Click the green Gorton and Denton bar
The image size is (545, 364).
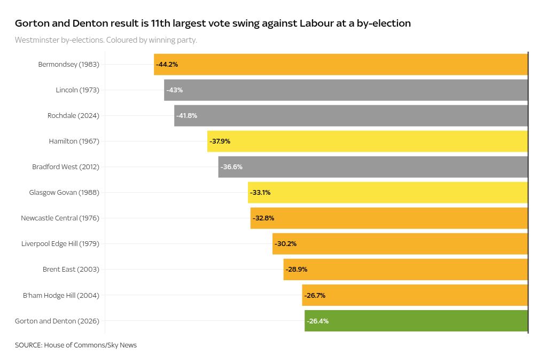[x=416, y=321]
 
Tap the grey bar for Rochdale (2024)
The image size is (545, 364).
[x=351, y=116]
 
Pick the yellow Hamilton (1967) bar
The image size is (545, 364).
[x=368, y=141]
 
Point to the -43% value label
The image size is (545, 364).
[x=174, y=90]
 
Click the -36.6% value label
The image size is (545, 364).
[x=231, y=167]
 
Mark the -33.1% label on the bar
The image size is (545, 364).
[x=260, y=193]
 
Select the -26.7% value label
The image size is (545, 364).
[x=315, y=295]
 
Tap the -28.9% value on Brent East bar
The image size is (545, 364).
[x=297, y=270]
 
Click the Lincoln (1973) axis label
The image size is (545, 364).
[x=77, y=90]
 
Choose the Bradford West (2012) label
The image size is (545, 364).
[x=66, y=167]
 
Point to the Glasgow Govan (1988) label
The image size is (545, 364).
[x=64, y=193]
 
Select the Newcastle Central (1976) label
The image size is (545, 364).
[x=60, y=218]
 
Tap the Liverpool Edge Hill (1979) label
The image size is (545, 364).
[x=60, y=244]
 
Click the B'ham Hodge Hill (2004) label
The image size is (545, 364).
[x=61, y=295]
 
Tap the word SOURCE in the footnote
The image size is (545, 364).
[x=28, y=345]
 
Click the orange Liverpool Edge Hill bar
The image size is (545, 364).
[x=400, y=244]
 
